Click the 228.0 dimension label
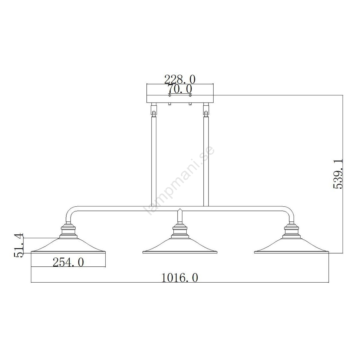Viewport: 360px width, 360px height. pyautogui.click(x=180, y=79)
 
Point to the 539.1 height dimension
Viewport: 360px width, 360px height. pyautogui.click(x=338, y=174)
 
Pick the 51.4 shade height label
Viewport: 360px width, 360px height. pyautogui.click(x=19, y=245)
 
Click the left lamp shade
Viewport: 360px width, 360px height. pyautogui.click(x=68, y=246)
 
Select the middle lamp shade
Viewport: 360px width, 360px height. pyautogui.click(x=180, y=246)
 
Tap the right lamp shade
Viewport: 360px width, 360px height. pyautogui.click(x=291, y=246)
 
